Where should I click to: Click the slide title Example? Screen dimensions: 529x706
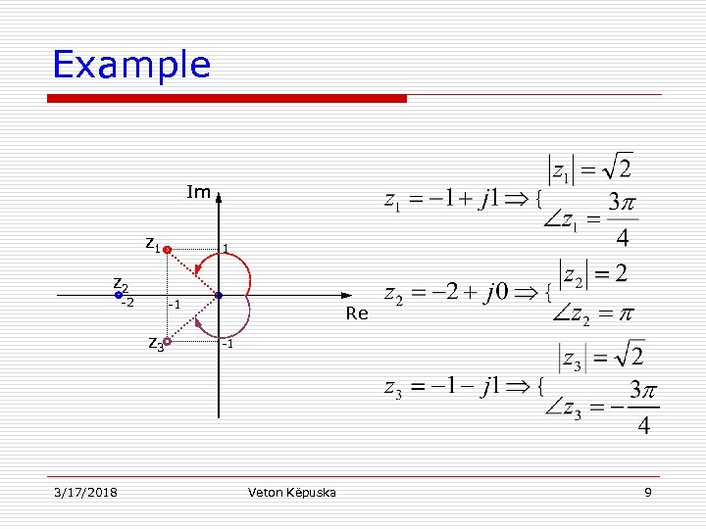(131, 65)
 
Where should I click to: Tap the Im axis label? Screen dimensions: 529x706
(198, 192)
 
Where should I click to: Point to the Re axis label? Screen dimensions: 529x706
(357, 313)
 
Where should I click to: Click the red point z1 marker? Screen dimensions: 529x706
(167, 250)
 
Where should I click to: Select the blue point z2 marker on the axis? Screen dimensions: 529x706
(119, 295)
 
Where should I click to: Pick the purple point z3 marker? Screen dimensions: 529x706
(167, 342)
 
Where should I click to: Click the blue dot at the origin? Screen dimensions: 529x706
(219, 295)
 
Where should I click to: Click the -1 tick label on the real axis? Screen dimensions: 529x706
(173, 305)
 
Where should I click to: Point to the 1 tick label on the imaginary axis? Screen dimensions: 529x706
(226, 249)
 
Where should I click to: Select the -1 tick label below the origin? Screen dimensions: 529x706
(226, 344)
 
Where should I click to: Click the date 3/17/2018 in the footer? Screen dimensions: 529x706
(85, 491)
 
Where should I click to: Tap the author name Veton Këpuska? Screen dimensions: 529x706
(292, 491)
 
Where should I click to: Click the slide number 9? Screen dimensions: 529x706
(648, 491)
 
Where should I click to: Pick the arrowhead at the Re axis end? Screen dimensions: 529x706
(345, 295)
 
